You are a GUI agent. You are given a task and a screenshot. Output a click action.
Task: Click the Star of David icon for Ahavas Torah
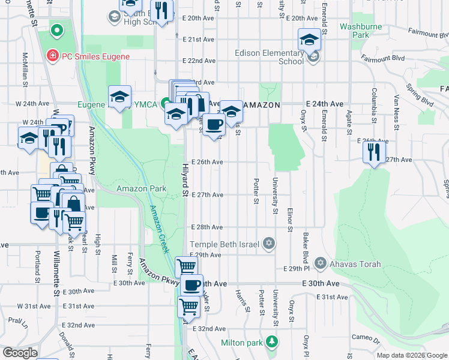click(320, 263)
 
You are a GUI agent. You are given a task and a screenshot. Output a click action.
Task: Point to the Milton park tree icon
click(273, 342)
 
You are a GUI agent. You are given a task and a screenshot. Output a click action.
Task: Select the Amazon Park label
click(141, 188)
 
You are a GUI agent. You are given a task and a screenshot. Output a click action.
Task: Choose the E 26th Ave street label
click(207, 162)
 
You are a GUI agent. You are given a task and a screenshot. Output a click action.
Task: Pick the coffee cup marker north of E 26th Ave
click(214, 125)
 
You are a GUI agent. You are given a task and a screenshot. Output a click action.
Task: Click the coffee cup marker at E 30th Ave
click(192, 285)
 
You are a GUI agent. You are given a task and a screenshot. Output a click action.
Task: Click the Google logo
click(20, 353)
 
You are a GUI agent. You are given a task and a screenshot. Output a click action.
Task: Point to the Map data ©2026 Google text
click(411, 355)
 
